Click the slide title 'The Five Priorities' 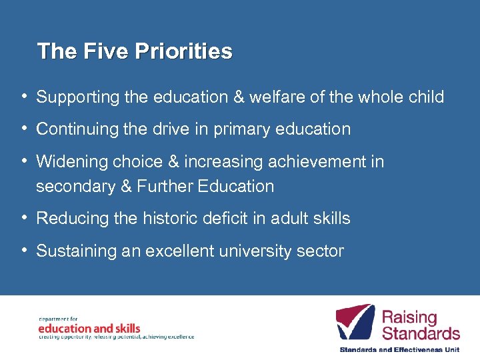135,51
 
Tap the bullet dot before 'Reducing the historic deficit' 24,217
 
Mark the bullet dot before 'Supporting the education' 24,96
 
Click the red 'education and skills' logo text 89,328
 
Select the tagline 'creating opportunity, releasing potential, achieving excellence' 116,337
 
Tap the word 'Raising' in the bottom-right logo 409,317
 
